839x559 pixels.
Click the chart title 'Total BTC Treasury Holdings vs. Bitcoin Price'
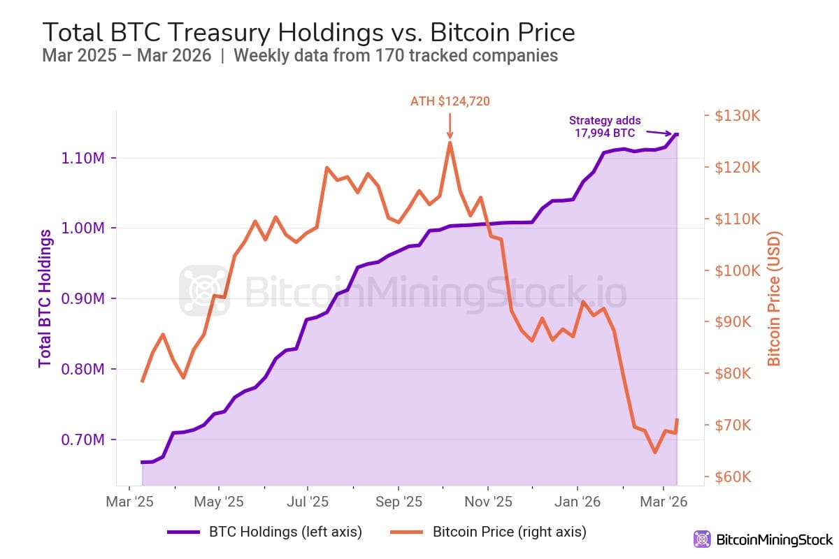click(x=308, y=32)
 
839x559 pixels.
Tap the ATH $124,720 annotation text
click(x=450, y=101)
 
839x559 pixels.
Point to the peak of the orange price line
click(x=450, y=143)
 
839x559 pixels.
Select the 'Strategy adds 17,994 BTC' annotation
click(x=604, y=126)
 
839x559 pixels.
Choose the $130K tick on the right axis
click(x=737, y=116)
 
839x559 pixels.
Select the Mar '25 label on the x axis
click(x=129, y=502)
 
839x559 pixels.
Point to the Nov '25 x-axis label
click(x=488, y=502)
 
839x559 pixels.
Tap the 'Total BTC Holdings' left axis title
click(x=45, y=298)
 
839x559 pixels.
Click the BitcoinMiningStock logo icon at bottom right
click(x=702, y=539)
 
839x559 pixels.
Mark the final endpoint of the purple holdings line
click(x=677, y=134)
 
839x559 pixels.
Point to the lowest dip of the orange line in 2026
click(x=654, y=453)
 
